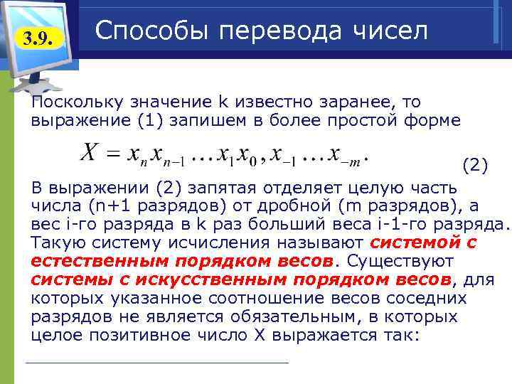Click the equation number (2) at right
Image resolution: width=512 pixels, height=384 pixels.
point(475,167)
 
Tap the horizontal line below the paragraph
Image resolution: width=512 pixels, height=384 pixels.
point(156,363)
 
